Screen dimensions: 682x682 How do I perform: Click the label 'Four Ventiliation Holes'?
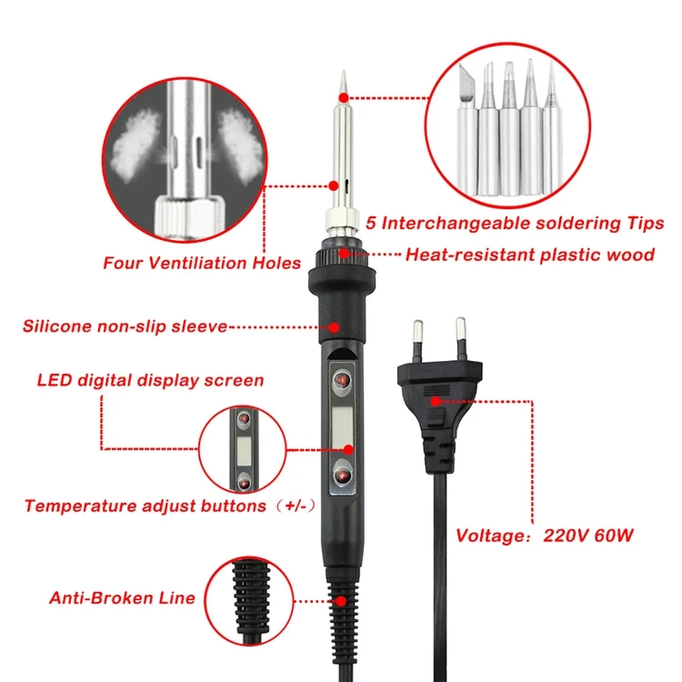pos(202,264)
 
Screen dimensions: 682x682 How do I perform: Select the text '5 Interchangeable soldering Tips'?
pos(515,223)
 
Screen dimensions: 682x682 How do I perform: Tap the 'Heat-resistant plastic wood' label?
pos(529,255)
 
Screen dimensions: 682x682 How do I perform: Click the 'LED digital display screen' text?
pos(150,380)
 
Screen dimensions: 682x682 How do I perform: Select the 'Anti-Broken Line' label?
pos(122,597)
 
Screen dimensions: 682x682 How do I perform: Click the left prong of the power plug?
pos(417,337)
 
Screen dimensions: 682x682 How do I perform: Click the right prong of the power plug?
pos(461,336)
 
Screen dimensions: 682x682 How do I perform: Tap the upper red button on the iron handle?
pos(342,379)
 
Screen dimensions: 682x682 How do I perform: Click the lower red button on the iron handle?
pos(342,473)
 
